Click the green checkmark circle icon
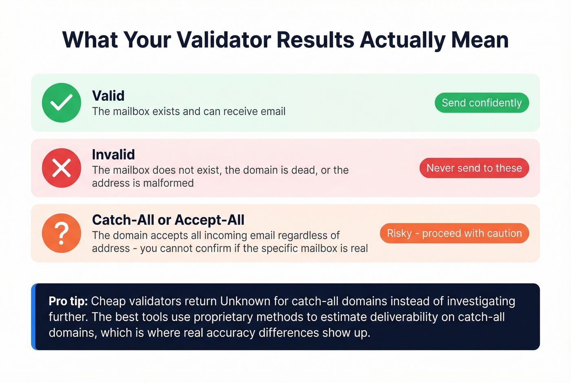pos(62,103)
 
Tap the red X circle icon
pos(62,168)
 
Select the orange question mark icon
pos(62,233)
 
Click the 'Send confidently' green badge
pos(482,103)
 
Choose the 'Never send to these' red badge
pos(474,168)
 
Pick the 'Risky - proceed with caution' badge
pos(454,233)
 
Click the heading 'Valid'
pos(108,96)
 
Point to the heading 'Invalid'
pos(113,155)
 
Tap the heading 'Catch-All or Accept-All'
pos(168,220)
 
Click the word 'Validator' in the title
pos(224,40)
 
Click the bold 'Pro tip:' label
pos(68,301)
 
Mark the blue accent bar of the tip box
pos(33,317)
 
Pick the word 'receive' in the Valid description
pos(219,111)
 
